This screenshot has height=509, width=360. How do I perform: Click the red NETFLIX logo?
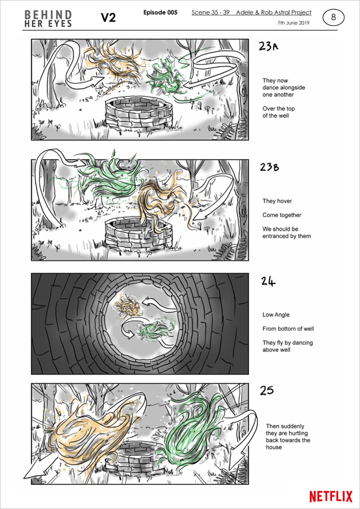tap(331, 497)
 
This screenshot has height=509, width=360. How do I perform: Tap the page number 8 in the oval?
tap(333, 18)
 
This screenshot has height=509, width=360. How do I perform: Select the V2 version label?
tap(109, 18)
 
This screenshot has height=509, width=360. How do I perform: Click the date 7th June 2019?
tap(294, 23)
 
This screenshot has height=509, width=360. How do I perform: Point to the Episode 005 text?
tap(161, 12)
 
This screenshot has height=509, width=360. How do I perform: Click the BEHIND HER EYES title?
tap(48, 19)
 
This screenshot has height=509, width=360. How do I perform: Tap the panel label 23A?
tap(269, 47)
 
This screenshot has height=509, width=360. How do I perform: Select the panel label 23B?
tap(270, 167)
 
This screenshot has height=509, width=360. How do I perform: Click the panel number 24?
tap(268, 281)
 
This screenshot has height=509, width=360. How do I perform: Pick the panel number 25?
tap(266, 391)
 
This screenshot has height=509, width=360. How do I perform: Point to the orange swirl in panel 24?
tap(129, 306)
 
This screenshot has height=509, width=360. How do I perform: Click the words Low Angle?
tap(276, 315)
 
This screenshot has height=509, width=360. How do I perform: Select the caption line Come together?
tap(282, 215)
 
